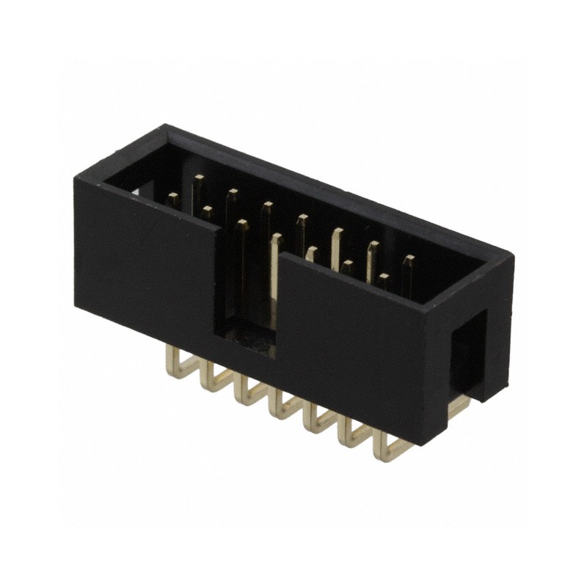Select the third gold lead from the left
tap(249, 393)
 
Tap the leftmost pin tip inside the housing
tap(173, 199)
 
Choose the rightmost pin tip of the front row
tap(383, 280)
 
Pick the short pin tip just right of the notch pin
tap(311, 254)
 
